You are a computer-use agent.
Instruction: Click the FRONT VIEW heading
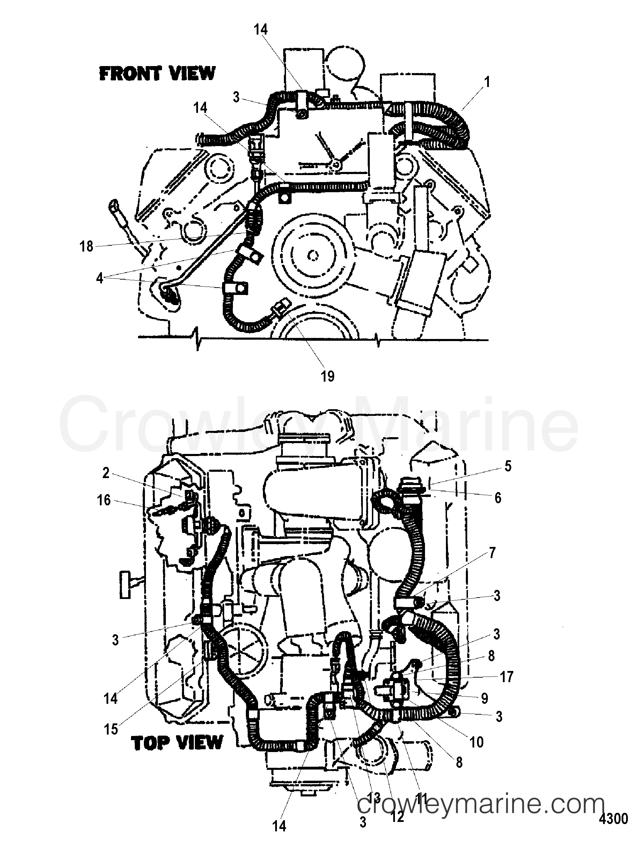pos(157,73)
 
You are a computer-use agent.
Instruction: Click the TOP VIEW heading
pos(177,743)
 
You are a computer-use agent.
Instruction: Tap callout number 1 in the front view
pos(486,82)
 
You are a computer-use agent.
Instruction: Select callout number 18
pos(86,246)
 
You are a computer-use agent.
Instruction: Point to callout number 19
pos(327,376)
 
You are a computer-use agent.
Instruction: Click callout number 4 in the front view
pos(99,279)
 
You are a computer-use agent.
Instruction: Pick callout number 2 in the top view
pos(105,473)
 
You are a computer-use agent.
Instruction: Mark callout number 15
pos(111,729)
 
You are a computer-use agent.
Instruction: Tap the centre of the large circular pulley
pos(313,255)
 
